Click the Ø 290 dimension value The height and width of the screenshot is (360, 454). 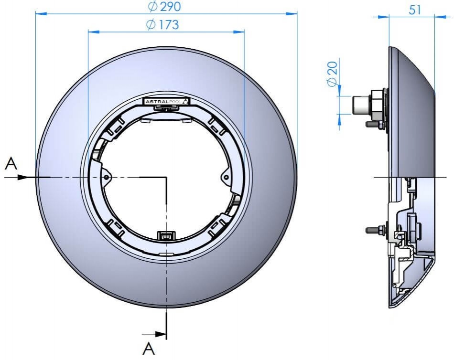coord(164,6)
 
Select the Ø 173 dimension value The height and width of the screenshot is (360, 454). coord(162,25)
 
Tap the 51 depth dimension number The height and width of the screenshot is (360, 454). coord(415,10)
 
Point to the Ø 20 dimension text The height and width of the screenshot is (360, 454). coord(333,74)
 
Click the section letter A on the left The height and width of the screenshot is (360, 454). coord(11,163)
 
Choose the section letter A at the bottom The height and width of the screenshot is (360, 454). coord(149,349)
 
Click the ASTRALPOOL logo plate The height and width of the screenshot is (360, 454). coord(167,102)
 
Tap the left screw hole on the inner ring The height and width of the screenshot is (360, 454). coord(107,177)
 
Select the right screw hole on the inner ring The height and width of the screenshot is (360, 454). coord(227,177)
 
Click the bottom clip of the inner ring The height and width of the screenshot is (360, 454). coord(166,236)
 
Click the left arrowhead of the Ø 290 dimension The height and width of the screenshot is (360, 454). coord(41,13)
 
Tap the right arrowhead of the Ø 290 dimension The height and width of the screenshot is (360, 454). coord(292,13)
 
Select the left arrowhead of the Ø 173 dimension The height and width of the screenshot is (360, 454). coord(94,31)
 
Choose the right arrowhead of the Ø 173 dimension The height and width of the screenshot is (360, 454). coord(239,31)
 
